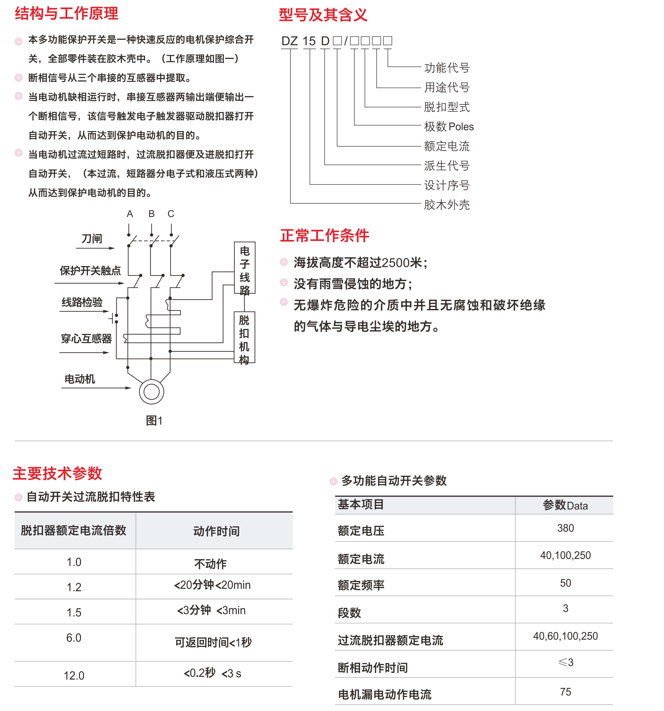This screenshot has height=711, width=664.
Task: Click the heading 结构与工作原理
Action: pyautogui.click(x=67, y=14)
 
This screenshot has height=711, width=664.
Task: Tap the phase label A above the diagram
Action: pyautogui.click(x=130, y=214)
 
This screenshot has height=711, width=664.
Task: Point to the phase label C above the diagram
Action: pyautogui.click(x=171, y=214)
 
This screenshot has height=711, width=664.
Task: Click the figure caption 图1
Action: pyautogui.click(x=154, y=421)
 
